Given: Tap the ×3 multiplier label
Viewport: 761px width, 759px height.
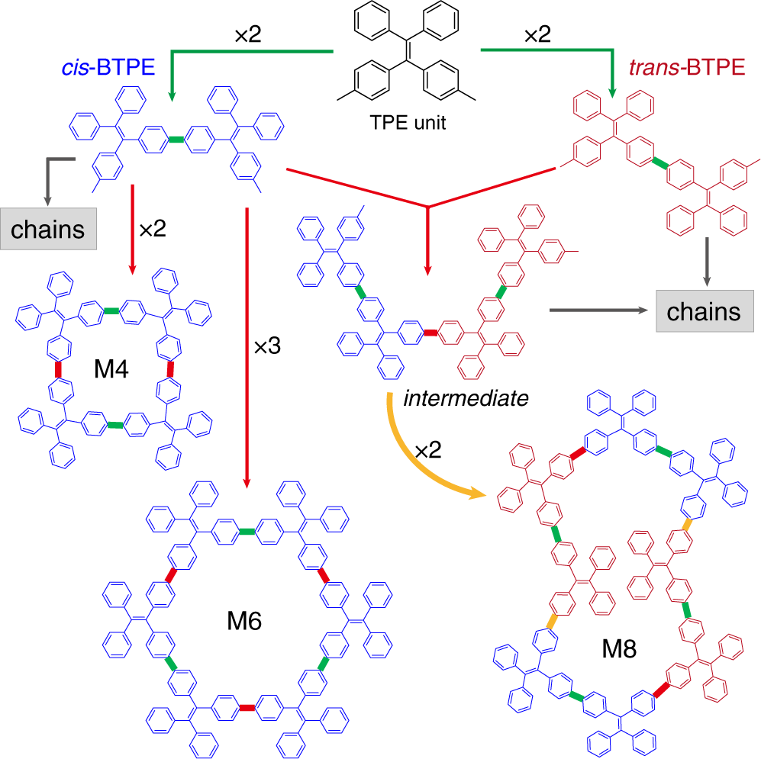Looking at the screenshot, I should click(x=268, y=346).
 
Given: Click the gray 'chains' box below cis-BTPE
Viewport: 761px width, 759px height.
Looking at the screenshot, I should click(x=48, y=227).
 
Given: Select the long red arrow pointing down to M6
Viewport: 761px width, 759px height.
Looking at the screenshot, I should click(x=247, y=343).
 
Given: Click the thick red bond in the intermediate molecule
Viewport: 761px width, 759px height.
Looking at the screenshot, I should click(x=430, y=332).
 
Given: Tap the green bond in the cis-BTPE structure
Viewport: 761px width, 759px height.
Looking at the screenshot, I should click(x=176, y=139).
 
